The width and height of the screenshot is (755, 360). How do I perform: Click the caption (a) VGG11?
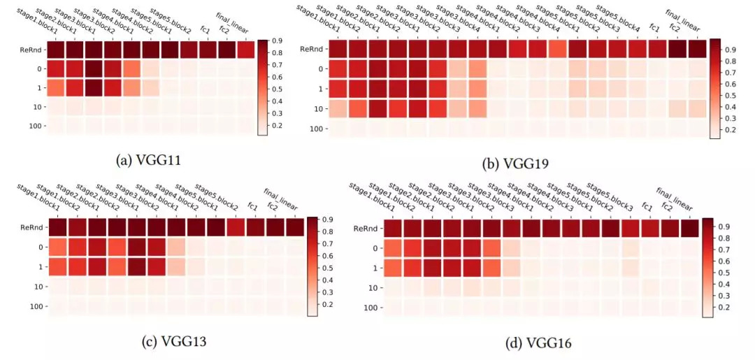tap(149, 161)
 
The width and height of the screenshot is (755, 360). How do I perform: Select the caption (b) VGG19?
tap(516, 164)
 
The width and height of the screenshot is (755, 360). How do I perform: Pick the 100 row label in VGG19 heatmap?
tap(315, 129)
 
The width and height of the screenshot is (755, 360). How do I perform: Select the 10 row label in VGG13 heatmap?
tap(38, 287)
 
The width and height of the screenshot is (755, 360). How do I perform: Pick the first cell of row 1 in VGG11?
tap(57, 88)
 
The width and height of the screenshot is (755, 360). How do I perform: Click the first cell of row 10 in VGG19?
tap(338, 109)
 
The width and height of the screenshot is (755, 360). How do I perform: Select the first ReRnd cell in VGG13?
tap(58, 228)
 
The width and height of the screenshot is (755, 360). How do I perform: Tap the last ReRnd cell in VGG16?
tap(691, 228)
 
